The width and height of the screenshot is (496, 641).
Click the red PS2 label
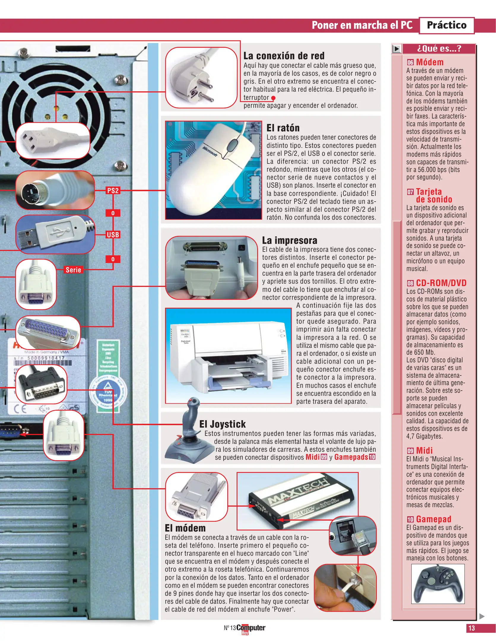[113, 191]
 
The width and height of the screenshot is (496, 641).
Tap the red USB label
[113, 235]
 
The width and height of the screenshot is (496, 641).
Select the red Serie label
[73, 270]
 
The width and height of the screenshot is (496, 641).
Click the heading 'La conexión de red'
[284, 56]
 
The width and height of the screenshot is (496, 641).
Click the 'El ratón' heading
[283, 128]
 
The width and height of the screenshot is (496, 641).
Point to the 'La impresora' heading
[289, 240]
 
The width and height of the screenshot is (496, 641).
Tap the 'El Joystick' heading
[222, 424]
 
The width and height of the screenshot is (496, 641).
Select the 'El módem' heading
[185, 528]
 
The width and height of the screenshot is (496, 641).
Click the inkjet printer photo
[228, 356]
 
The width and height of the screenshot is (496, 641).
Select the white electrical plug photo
[201, 78]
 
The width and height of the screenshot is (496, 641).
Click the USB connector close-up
[55, 234]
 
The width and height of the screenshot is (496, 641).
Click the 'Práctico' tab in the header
[446, 25]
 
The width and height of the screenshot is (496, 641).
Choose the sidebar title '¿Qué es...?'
[439, 48]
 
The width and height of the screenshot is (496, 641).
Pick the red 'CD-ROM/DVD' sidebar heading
[441, 283]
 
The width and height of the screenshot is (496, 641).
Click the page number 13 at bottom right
[471, 628]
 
